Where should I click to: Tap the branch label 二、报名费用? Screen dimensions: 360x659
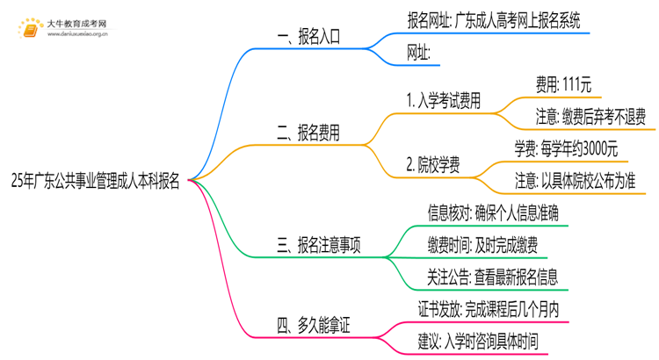coord(308,133)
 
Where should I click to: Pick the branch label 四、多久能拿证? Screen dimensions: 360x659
coord(314,327)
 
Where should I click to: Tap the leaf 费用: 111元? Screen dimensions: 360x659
coord(563,84)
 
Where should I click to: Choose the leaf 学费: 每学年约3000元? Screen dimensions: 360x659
coord(566,148)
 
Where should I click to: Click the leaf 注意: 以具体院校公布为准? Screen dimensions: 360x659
coord(576,181)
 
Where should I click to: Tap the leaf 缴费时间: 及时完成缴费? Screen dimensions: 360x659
coord(482,246)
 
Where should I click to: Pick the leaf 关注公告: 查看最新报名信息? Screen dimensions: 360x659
coord(492,277)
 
